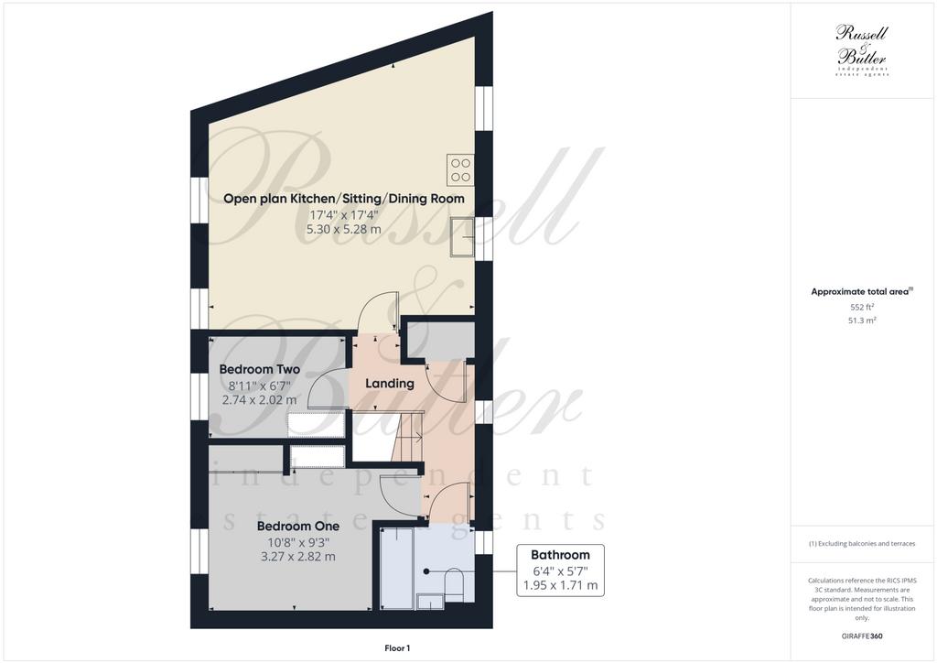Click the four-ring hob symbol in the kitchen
tap(460, 169)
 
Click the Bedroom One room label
tap(297, 526)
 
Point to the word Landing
tap(390, 383)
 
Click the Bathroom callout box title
tap(560, 554)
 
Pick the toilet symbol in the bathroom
tap(454, 585)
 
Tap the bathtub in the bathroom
tap(395, 568)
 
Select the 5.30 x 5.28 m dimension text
tap(344, 229)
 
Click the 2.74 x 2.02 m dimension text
tap(259, 399)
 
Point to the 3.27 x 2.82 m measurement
tap(297, 556)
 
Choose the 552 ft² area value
tap(862, 308)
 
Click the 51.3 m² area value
tap(862, 321)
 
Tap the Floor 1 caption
tap(397, 647)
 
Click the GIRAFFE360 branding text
tap(863, 636)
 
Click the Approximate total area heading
tap(862, 291)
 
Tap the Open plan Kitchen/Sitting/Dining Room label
tap(344, 198)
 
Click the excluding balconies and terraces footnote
tap(862, 543)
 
